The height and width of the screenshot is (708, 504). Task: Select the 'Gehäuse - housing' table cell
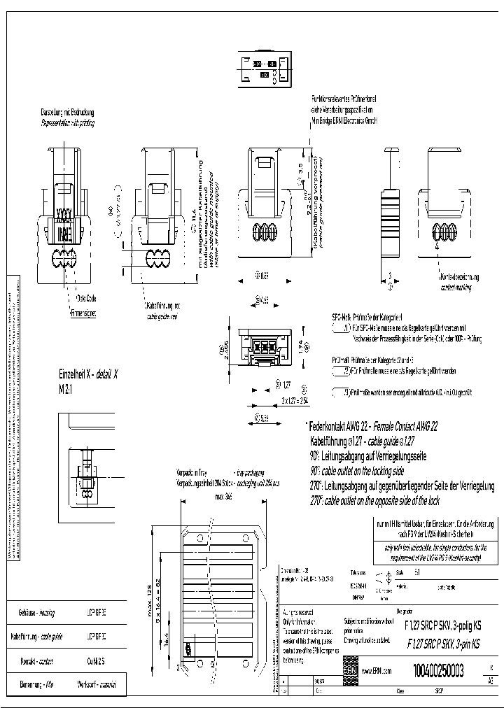[x=39, y=612]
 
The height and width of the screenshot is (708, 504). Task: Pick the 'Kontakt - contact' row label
[x=39, y=661]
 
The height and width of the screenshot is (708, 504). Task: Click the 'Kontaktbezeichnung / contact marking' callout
[x=458, y=281]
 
